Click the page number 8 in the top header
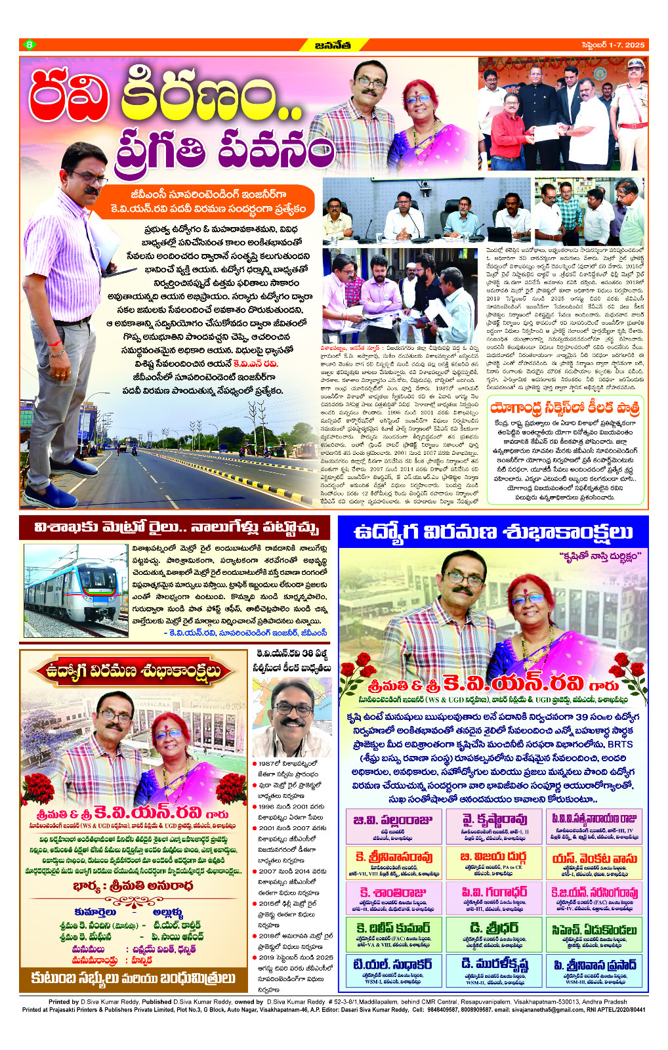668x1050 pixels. pos(29,45)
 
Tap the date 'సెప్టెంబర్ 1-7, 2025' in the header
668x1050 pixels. pos(613,45)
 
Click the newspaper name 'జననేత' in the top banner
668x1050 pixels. pos(333,45)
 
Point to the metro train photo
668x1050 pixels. pos(76,590)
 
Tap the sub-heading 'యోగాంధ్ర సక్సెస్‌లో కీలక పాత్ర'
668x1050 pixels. pos(565,408)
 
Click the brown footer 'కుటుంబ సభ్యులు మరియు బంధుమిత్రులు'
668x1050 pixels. pos(133,978)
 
